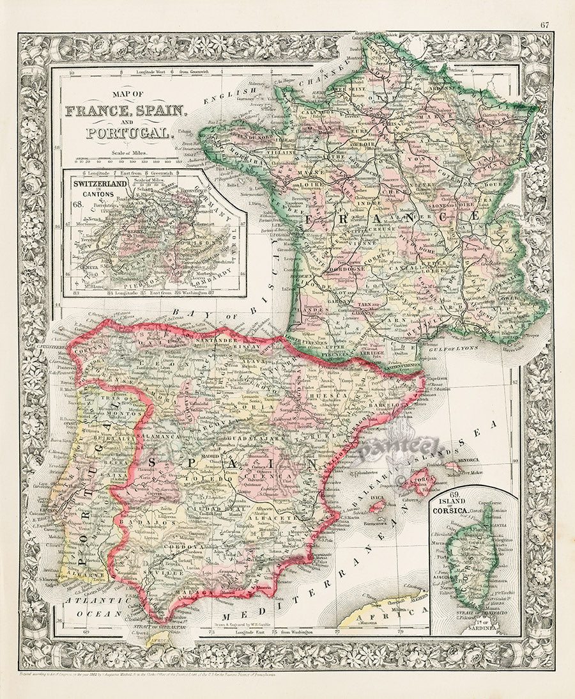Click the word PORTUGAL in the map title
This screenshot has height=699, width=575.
pyautogui.click(x=130, y=134)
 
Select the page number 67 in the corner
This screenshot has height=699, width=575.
pyautogui.click(x=544, y=26)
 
